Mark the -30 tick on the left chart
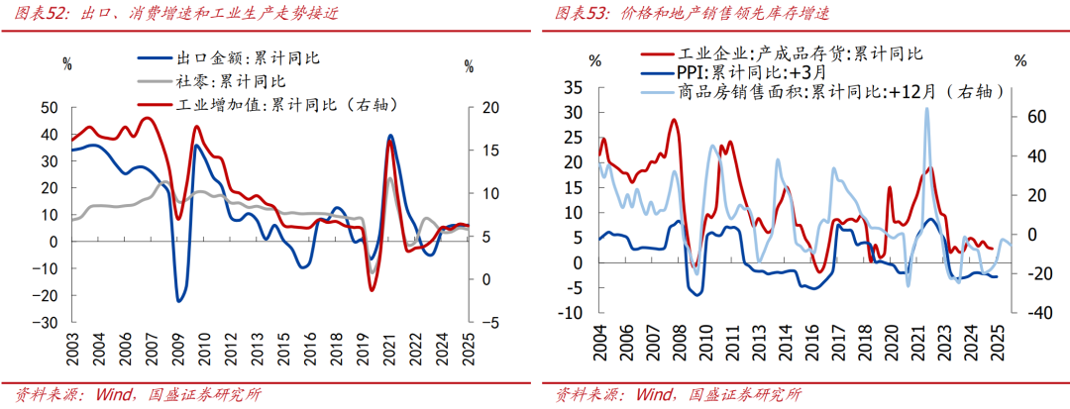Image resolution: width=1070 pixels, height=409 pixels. coord(47,322)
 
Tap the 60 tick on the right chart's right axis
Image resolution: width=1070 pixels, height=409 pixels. coord(1010,116)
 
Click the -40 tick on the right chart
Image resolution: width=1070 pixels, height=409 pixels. coord(1010,313)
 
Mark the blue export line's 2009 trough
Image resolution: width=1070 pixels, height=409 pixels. coord(179,300)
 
